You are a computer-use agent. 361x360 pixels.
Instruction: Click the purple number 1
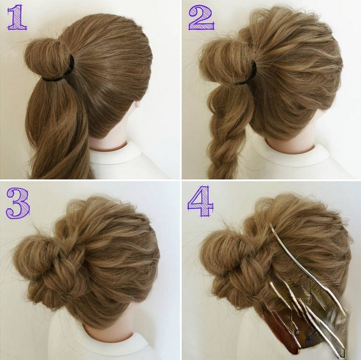16,18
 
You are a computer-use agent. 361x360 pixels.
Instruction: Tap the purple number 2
201,18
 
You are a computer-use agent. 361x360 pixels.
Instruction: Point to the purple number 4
201,201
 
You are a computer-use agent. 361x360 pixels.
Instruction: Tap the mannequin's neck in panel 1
108,142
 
